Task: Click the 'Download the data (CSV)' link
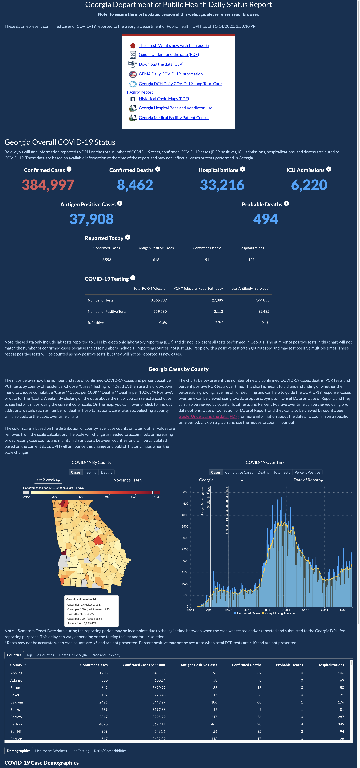161,64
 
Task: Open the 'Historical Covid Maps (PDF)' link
164,99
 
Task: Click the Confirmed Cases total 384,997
48,185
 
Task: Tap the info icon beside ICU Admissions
328,169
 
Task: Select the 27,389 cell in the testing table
217,300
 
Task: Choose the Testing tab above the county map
91,472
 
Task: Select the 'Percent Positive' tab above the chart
307,472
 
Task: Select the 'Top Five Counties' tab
40,655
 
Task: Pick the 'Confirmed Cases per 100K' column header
144,665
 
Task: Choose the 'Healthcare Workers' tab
51,751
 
